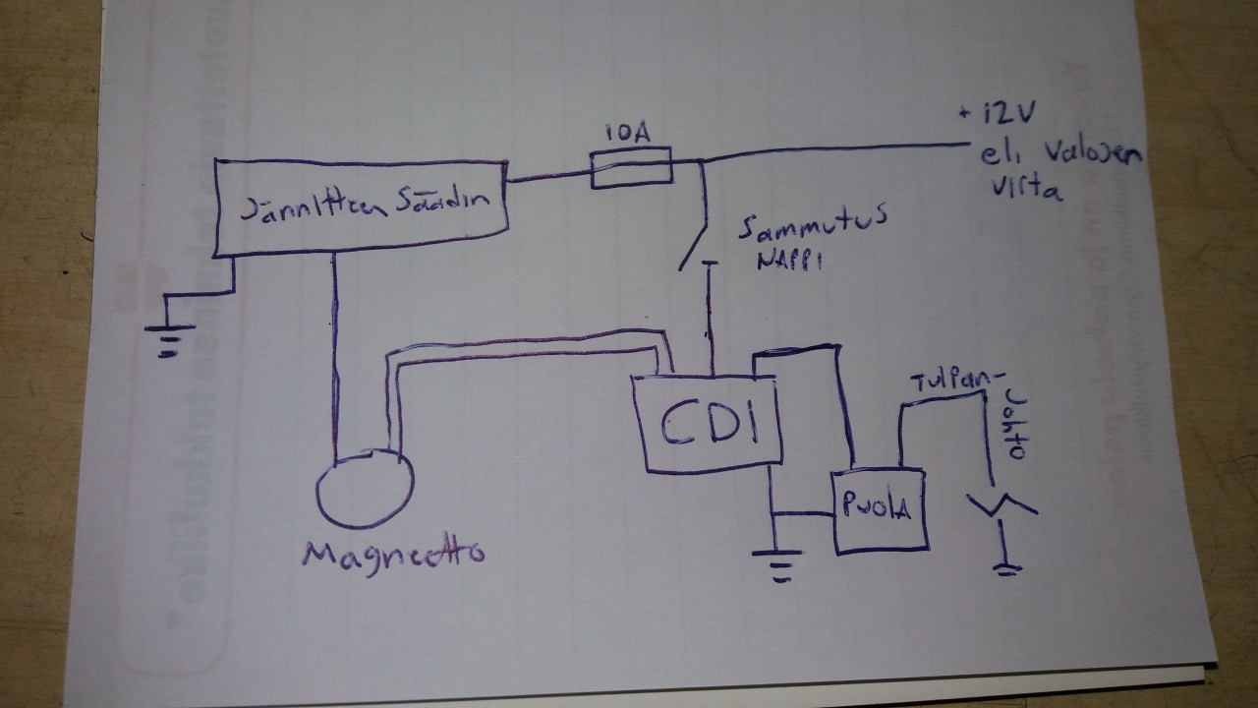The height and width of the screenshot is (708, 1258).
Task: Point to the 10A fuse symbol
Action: [631, 168]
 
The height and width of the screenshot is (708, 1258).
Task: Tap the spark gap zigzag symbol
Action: [1001, 506]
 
